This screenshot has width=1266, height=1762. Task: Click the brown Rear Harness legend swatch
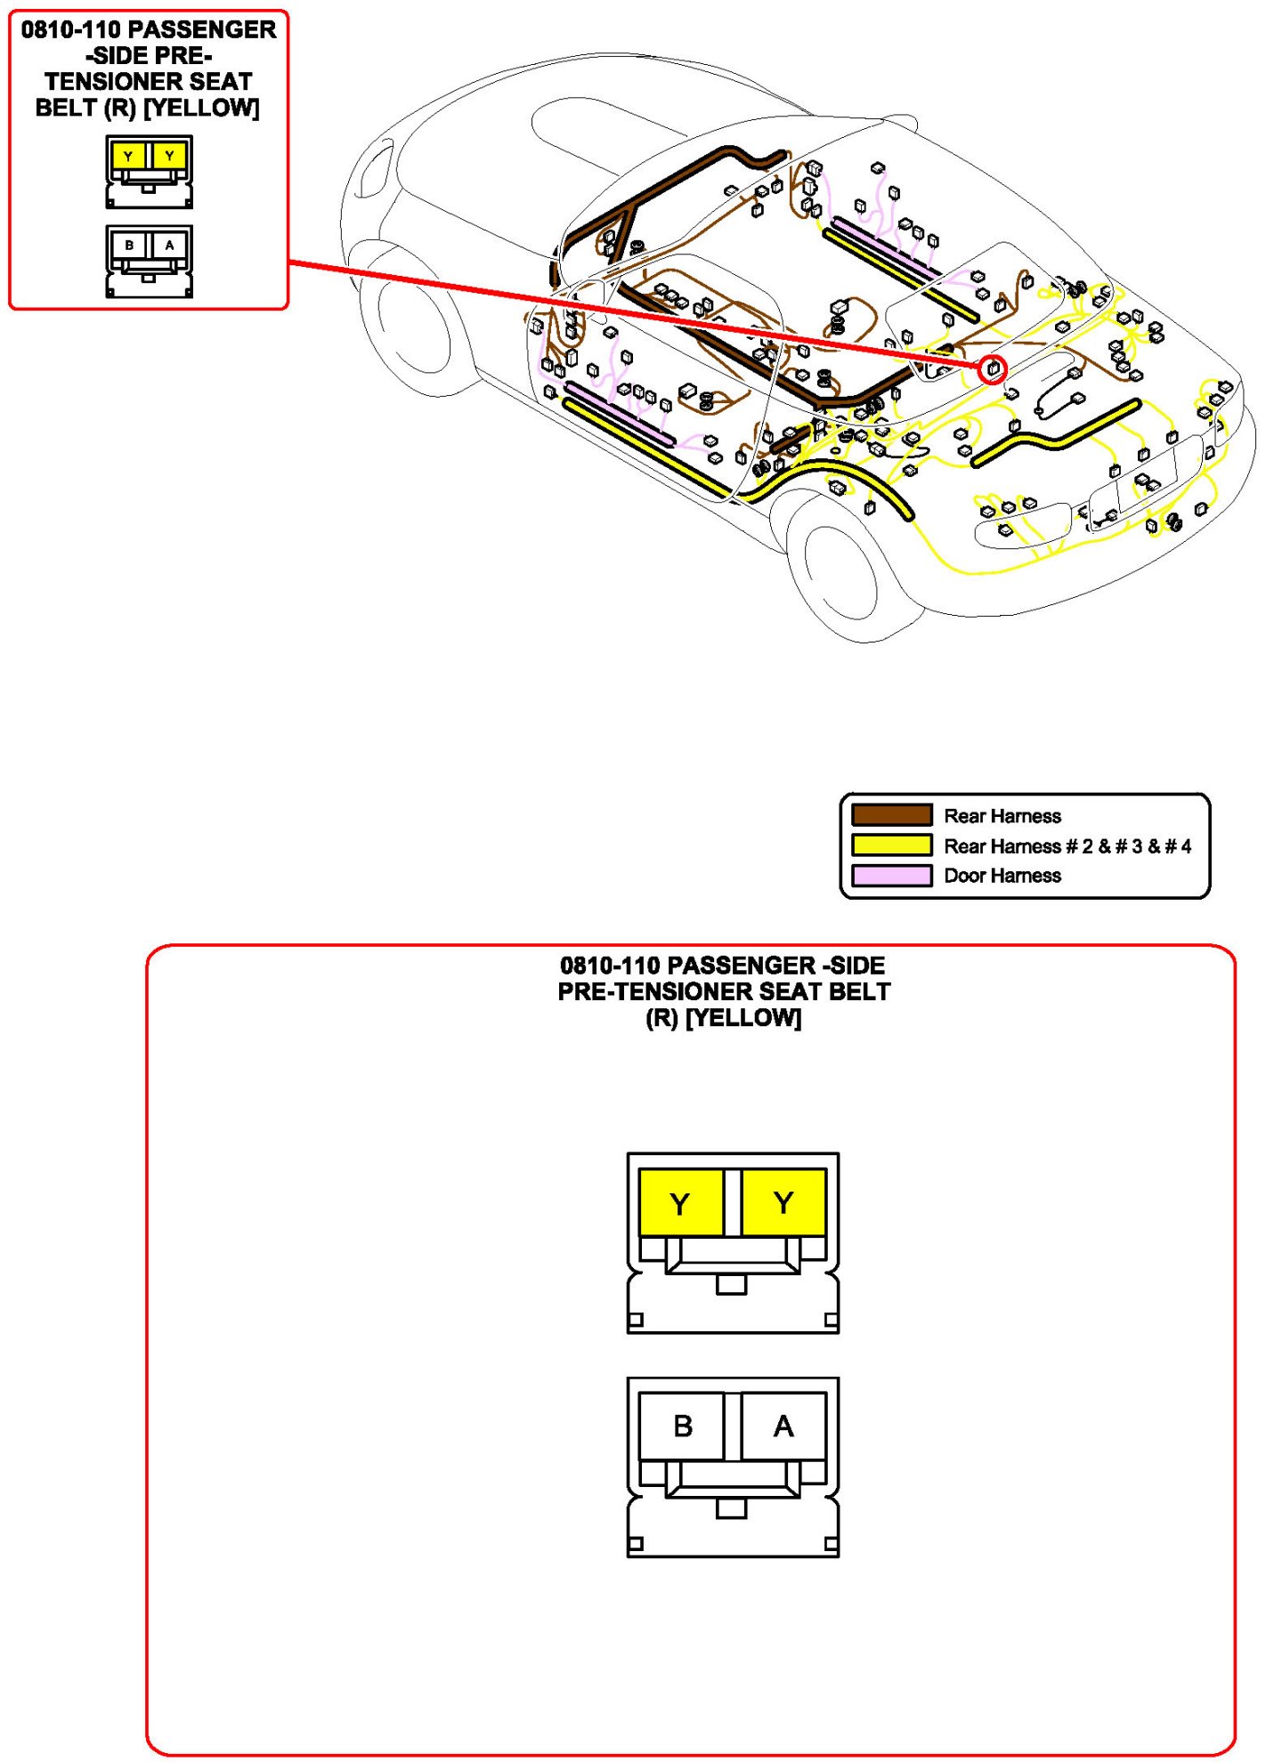(x=891, y=815)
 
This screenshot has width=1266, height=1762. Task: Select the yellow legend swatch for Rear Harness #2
(x=891, y=845)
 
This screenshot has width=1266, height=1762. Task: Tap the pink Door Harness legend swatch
(x=891, y=875)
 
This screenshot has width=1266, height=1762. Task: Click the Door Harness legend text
(x=1002, y=876)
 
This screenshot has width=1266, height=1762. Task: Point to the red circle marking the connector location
(x=993, y=369)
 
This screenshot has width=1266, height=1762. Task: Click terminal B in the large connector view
(x=682, y=1426)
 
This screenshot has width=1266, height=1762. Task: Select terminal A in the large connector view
(x=783, y=1426)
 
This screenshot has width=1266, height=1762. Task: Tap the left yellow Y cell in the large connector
(x=681, y=1203)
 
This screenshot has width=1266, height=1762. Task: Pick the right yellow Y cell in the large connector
(x=783, y=1203)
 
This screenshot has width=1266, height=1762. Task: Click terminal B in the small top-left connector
(x=130, y=245)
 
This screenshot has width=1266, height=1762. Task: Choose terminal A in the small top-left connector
(x=169, y=245)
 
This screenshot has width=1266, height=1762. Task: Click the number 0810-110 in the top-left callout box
(x=70, y=29)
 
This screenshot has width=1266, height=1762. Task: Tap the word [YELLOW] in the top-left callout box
(x=202, y=108)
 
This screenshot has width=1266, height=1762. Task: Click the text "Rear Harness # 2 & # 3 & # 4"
(x=1067, y=846)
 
